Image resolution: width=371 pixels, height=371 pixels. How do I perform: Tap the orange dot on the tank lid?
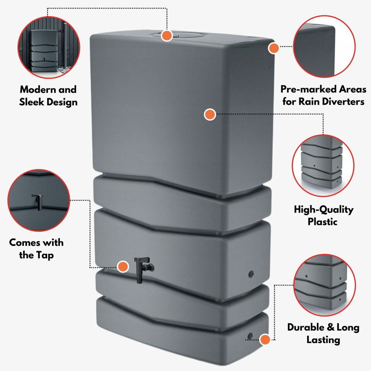click(x=167, y=36)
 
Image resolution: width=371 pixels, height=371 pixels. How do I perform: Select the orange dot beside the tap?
click(x=123, y=266)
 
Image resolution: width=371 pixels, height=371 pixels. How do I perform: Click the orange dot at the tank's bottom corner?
click(x=265, y=340)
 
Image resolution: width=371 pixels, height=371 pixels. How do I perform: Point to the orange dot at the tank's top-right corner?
click(x=274, y=48)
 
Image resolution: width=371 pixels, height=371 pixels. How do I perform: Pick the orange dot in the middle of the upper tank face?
click(x=209, y=114)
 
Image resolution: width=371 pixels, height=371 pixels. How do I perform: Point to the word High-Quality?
click(x=323, y=210)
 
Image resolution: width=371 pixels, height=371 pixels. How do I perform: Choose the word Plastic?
click(x=323, y=222)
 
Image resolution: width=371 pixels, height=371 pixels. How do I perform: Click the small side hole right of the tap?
click(x=250, y=274)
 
